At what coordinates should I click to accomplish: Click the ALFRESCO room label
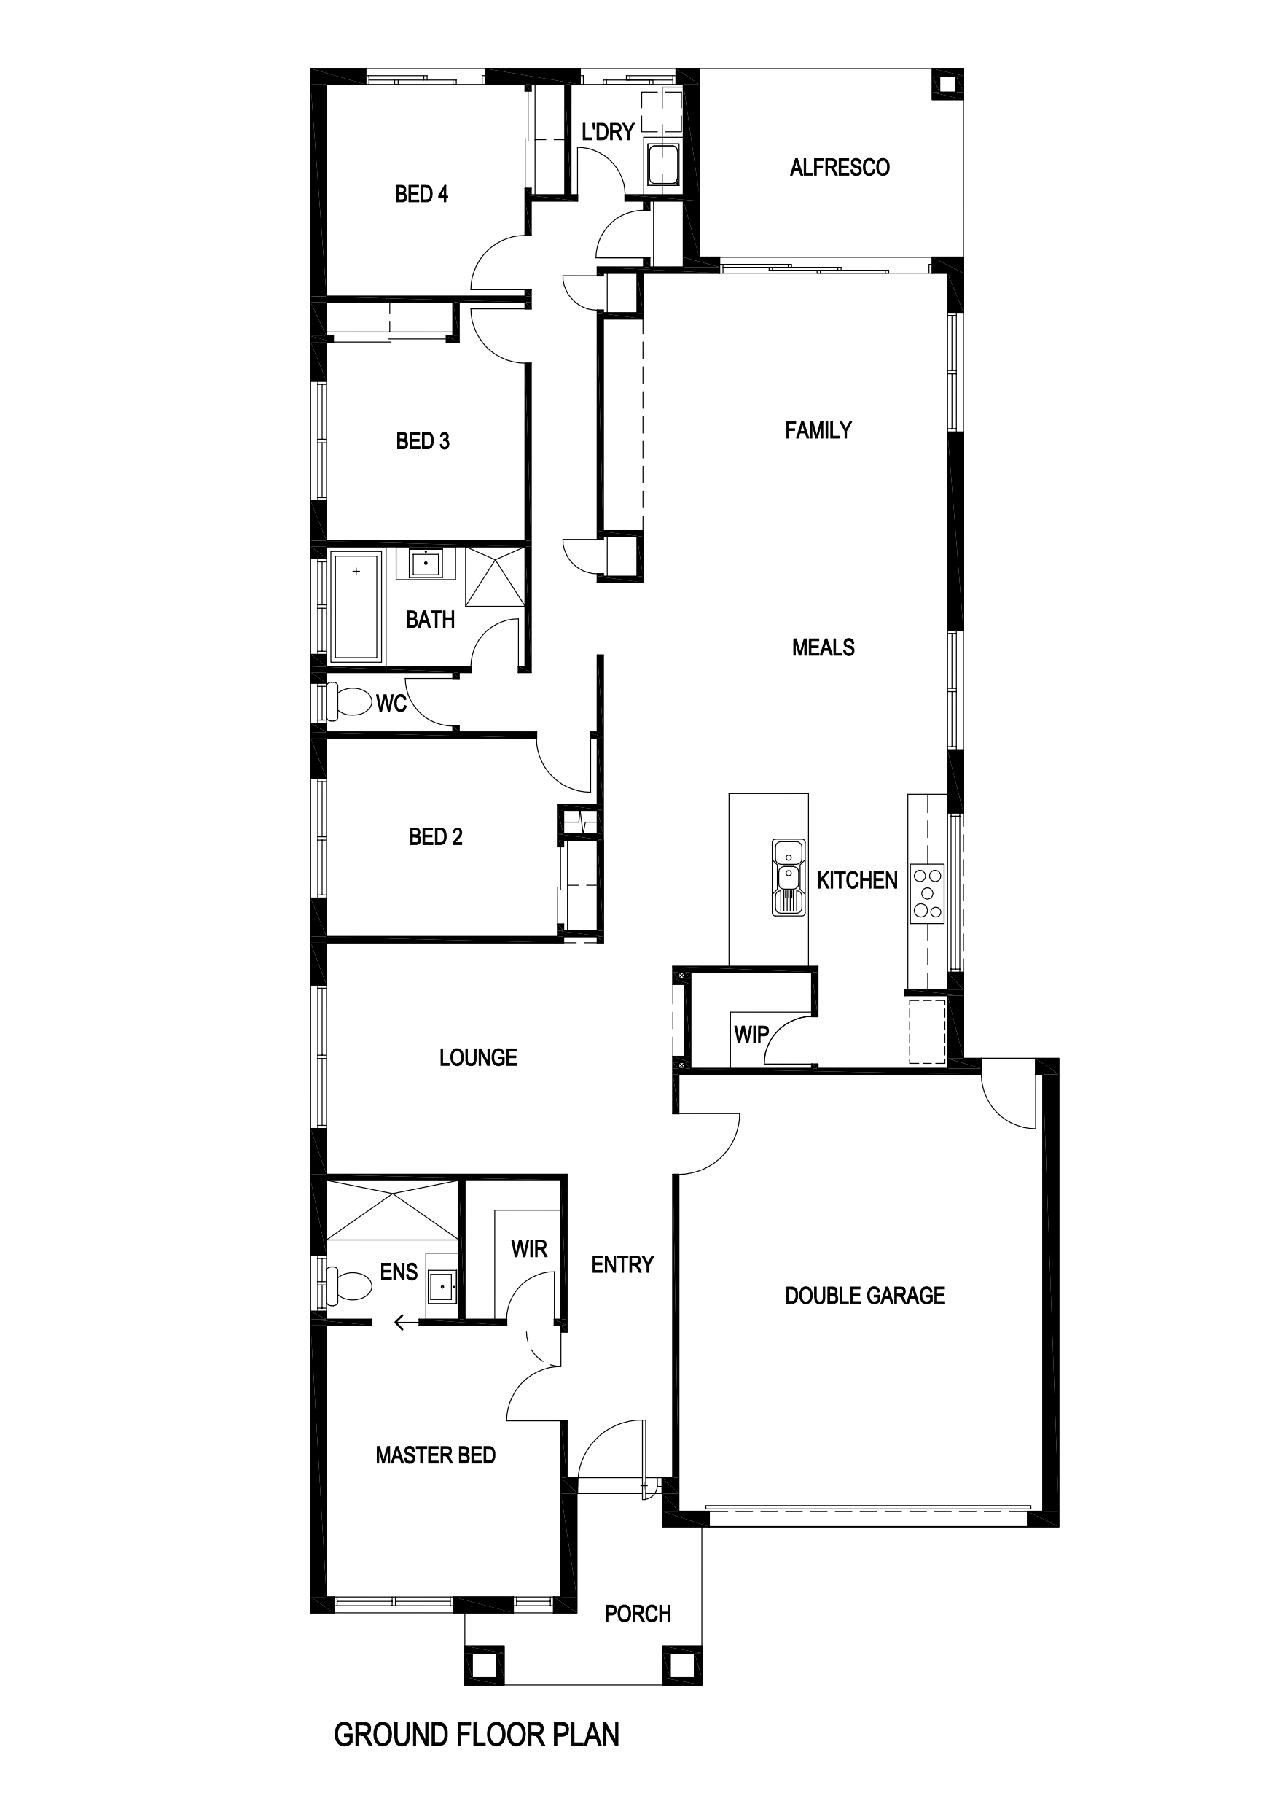pos(840,167)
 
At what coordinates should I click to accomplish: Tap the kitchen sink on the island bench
pos(789,877)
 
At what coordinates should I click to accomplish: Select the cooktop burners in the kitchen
pos(927,893)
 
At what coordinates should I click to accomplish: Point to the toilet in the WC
pos(349,701)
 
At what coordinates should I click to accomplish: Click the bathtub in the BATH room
pos(356,605)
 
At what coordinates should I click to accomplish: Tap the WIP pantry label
pos(751,1035)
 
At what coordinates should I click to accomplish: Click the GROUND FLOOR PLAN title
pos(477,1734)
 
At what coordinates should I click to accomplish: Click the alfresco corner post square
pos(947,85)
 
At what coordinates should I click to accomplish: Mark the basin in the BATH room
pos(426,564)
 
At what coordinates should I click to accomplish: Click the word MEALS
pos(823,647)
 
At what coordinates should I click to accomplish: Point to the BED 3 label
pos(423,441)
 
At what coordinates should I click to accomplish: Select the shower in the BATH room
pos(495,576)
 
